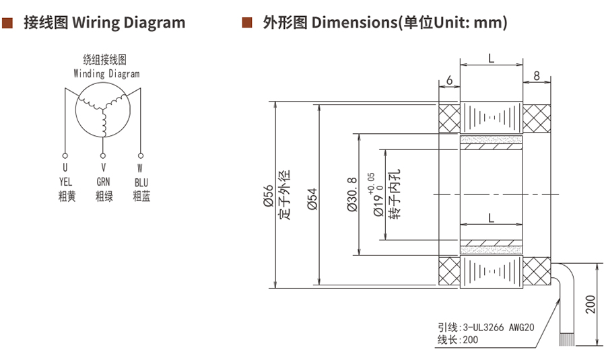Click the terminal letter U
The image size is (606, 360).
tap(65, 168)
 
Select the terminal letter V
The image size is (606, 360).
tap(104, 168)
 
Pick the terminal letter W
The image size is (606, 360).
tap(140, 168)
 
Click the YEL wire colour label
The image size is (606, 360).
tap(65, 182)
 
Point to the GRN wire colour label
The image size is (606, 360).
tap(104, 182)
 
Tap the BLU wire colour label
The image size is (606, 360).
tap(141, 182)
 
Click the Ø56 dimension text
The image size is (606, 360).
tap(268, 195)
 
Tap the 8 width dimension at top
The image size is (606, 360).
tap(536, 76)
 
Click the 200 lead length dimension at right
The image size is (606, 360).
tap(591, 304)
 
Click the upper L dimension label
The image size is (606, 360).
tap(491, 59)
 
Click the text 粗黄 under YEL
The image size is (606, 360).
tap(65, 196)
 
